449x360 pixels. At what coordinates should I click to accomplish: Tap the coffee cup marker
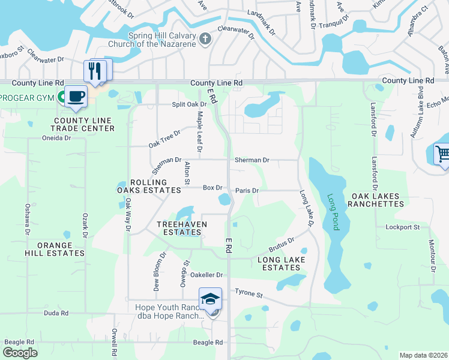pyautogui.click(x=76, y=97)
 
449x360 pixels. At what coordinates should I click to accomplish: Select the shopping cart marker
pyautogui.click(x=443, y=154)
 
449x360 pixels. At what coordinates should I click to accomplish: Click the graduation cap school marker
pyautogui.click(x=211, y=299)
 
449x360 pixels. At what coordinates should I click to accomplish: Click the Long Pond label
pyautogui.click(x=331, y=212)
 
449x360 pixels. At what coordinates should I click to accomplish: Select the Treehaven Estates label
pyautogui.click(x=182, y=228)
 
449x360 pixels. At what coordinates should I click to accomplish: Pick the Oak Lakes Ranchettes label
pyautogui.click(x=378, y=200)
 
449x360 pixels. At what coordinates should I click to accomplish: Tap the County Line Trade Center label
pyautogui.click(x=82, y=124)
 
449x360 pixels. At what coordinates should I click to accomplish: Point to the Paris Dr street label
pyautogui.click(x=247, y=190)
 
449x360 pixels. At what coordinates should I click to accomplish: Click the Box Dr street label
pyautogui.click(x=212, y=188)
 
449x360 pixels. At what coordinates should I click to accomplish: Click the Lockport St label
pyautogui.click(x=402, y=227)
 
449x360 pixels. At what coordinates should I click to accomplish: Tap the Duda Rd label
pyautogui.click(x=56, y=313)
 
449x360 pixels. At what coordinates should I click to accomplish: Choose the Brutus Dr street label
pyautogui.click(x=281, y=244)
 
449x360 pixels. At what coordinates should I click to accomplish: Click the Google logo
pyautogui.click(x=20, y=352)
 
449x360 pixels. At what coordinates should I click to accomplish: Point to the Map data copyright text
pyautogui.click(x=423, y=355)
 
